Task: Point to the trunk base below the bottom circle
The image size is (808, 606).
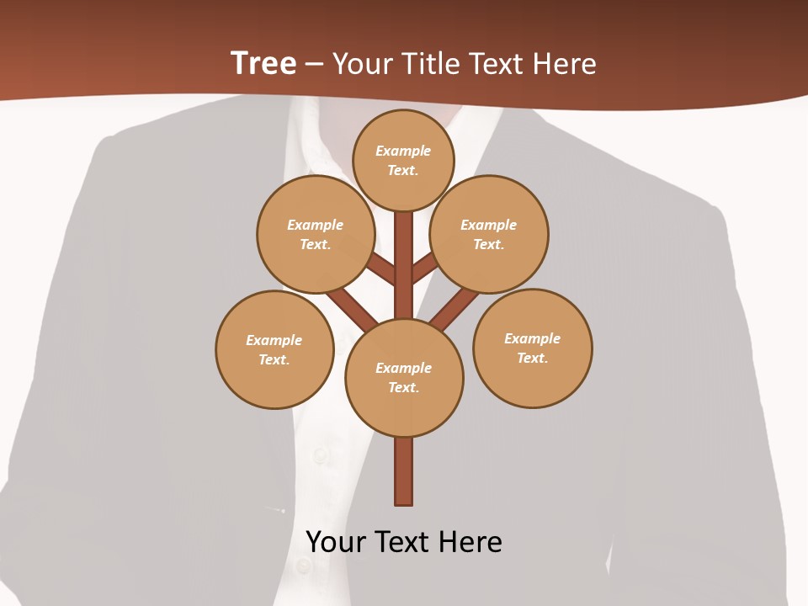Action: [404, 471]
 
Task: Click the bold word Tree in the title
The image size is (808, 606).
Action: [263, 63]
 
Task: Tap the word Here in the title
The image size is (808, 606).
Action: [565, 63]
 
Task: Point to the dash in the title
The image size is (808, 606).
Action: [315, 64]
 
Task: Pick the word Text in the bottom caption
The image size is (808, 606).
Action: [404, 542]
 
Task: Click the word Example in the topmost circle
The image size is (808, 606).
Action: [403, 151]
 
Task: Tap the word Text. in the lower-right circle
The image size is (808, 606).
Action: [532, 359]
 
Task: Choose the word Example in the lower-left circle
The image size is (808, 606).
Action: [274, 340]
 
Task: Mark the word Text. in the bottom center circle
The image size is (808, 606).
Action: [403, 388]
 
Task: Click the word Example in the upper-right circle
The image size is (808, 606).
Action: [489, 225]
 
